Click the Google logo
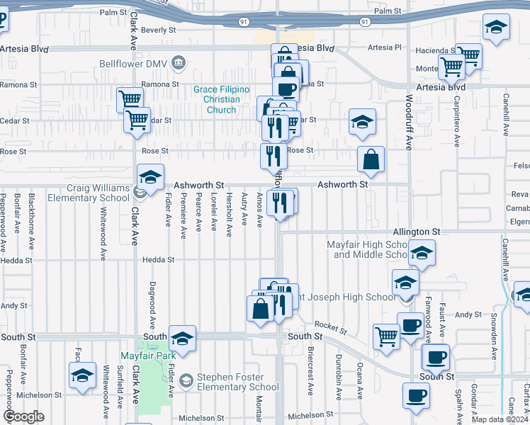click(24, 416)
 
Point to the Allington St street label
click(417, 232)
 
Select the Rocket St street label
click(332, 325)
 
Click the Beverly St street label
click(158, 30)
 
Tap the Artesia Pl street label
click(384, 47)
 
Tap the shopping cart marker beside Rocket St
click(387, 336)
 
